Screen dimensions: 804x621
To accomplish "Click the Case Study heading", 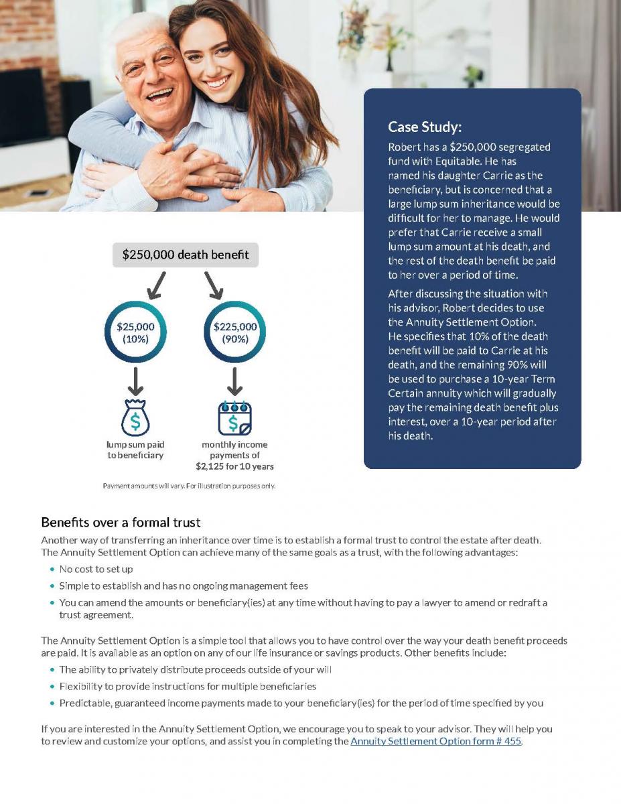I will pos(425,127).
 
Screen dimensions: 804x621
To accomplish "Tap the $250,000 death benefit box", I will pos(186,255).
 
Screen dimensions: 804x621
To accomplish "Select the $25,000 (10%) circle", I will pos(136,332).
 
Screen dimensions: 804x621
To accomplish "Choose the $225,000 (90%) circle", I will pos(234,332).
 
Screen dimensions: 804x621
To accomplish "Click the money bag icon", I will pos(135,418).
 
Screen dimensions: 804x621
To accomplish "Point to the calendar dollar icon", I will pos(234,418).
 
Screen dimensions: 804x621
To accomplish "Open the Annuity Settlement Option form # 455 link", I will pos(435,741).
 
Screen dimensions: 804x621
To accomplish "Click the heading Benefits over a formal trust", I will pos(121,522).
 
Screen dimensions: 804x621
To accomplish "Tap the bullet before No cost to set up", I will pos(52,569).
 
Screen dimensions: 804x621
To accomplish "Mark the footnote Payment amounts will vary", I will pos(188,486).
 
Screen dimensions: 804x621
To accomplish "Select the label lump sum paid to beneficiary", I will pos(135,450).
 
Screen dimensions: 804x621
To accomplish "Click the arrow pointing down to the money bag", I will pos(136,382).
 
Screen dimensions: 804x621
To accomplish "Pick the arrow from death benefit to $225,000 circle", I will pos(214,285).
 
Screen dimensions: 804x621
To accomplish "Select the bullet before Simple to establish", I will pos(52,586).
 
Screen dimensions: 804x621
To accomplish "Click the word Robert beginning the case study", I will pos(404,147).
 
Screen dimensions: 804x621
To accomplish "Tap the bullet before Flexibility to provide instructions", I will pos(52,687).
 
